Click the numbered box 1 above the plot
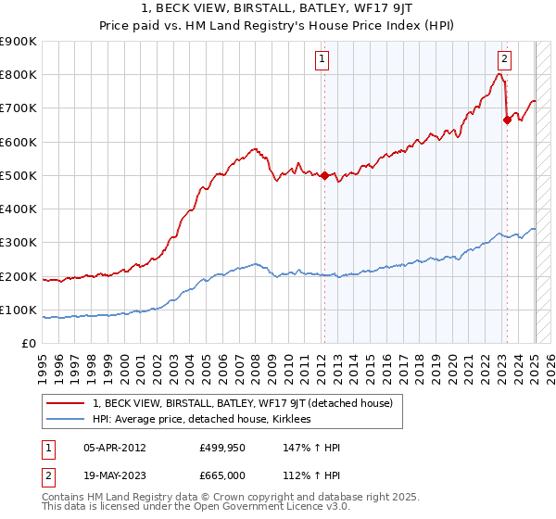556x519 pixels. (x=322, y=59)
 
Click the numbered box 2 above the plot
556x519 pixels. (x=504, y=59)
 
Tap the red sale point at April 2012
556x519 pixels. (x=324, y=175)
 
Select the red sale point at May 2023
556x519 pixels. (x=507, y=120)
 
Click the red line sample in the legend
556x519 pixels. (x=66, y=403)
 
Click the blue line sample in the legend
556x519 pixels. (x=66, y=419)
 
